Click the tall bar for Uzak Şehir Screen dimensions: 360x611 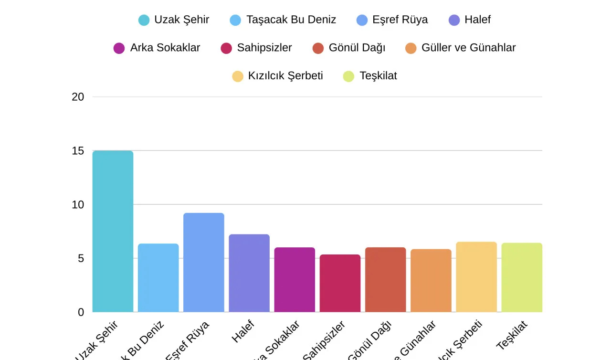pos(113,232)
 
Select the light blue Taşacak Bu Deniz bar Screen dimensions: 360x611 pos(158,278)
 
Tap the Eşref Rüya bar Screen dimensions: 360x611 pos(203,263)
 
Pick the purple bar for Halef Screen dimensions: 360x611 pos(249,273)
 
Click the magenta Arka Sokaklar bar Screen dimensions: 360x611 pos(295,280)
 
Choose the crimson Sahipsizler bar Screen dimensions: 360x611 pos(340,283)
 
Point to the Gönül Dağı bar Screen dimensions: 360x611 pos(385,280)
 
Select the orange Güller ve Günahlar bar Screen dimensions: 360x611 pos(431,281)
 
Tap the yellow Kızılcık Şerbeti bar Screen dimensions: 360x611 pos(476,277)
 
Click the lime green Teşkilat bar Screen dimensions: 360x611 pos(522,277)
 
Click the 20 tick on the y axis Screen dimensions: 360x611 pos(78,97)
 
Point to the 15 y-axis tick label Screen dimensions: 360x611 pos(78,151)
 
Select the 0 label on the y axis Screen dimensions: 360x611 pos(81,312)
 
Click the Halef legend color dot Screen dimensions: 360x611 pos(454,20)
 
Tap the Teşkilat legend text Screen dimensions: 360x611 pos(378,76)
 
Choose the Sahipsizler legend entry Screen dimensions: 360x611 pos(256,48)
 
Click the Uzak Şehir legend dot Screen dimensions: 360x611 pos(144,20)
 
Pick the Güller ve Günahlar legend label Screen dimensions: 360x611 pos(468,48)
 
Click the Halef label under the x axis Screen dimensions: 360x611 pos(243,331)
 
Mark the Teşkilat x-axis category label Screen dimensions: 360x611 pos(512,335)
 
